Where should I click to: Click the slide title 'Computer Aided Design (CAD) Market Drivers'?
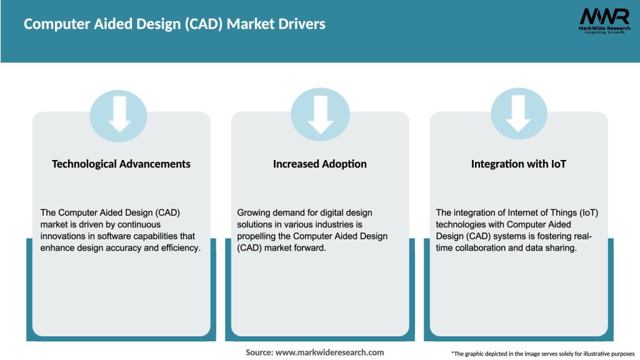pyautogui.click(x=174, y=24)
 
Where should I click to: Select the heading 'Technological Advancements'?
pyautogui.click(x=121, y=164)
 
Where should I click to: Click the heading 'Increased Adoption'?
pyautogui.click(x=320, y=164)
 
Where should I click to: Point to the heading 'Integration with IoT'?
pyautogui.click(x=518, y=164)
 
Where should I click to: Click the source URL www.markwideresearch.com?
pyautogui.click(x=330, y=352)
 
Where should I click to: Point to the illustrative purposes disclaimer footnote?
pyautogui.click(x=542, y=354)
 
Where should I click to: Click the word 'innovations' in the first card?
pyautogui.click(x=61, y=236)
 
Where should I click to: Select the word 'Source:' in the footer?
pyautogui.click(x=259, y=352)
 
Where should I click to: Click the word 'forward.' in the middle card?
pyautogui.click(x=311, y=247)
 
